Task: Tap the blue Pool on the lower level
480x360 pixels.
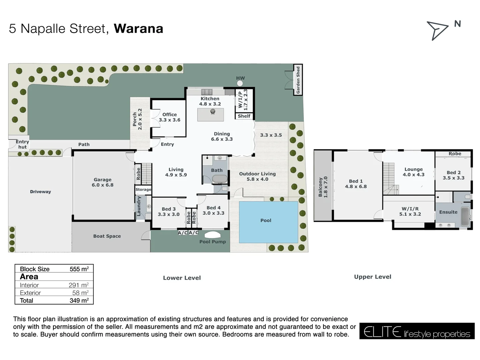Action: point(268,222)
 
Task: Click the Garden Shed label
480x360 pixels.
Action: point(298,80)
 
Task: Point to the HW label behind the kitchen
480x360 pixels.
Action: point(240,78)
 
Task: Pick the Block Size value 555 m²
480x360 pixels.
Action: point(79,269)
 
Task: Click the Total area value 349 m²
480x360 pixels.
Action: point(79,300)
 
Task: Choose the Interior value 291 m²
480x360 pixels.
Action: point(78,285)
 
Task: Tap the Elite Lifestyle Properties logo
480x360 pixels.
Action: point(417,331)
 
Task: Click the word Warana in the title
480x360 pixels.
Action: point(138,29)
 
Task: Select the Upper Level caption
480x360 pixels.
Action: point(372,277)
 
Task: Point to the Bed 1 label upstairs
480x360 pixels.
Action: point(356,184)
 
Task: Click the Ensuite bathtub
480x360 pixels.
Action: point(465,217)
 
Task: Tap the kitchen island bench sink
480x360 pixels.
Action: point(213,112)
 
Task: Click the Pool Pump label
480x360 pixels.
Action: point(212,242)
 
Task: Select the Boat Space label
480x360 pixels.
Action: point(107,236)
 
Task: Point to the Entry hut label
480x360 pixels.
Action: point(22,144)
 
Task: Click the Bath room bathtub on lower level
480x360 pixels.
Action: point(220,179)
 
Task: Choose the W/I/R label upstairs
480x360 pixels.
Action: point(410,211)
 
